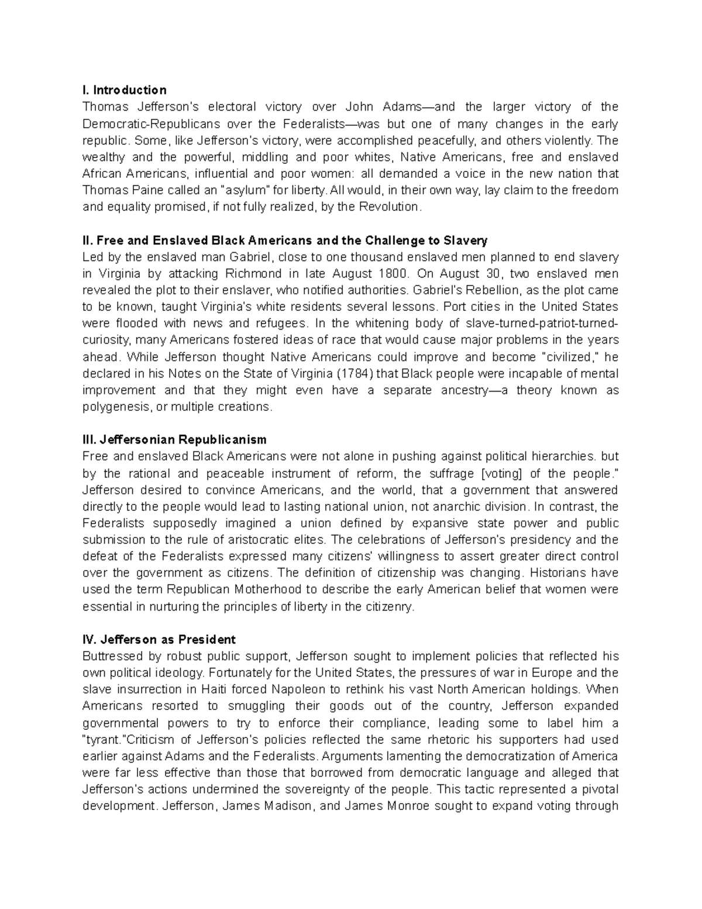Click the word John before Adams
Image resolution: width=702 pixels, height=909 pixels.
[359, 107]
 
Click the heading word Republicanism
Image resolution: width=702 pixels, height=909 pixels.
[222, 440]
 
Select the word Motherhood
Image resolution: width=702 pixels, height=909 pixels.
[269, 589]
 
